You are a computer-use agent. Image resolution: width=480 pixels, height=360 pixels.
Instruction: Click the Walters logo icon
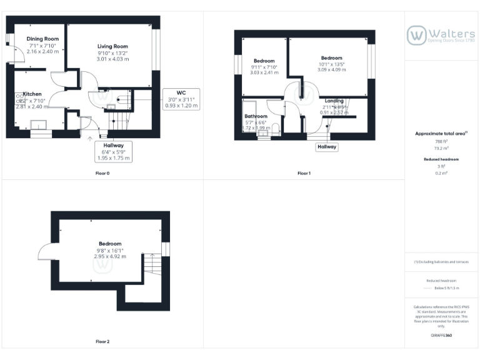coord(416,36)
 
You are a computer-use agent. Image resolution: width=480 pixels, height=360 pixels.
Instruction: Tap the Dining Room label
coord(42,39)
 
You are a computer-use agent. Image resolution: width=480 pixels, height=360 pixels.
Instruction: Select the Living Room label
coord(112,46)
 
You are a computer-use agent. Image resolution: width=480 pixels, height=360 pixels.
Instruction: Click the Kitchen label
coord(32,94)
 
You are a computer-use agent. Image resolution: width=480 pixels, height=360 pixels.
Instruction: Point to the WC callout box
coord(181,99)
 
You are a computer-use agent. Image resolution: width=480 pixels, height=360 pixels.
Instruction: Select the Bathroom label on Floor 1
coord(256,116)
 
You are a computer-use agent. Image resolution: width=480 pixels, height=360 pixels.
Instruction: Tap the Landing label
coord(334,101)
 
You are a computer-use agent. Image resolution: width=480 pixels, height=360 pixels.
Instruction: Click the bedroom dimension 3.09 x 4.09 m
coord(331,69)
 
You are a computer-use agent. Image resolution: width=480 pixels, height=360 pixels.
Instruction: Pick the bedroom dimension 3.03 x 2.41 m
coord(264,72)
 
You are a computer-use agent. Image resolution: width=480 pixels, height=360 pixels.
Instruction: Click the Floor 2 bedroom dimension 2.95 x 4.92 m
coord(110,256)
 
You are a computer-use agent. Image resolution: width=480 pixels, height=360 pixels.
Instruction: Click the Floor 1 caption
coord(304,172)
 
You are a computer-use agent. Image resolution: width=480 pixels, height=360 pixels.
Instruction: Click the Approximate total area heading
coord(440,134)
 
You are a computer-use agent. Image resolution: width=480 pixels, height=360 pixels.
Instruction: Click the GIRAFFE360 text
coord(442,336)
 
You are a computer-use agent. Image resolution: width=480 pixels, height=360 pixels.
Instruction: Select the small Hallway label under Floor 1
coord(326,147)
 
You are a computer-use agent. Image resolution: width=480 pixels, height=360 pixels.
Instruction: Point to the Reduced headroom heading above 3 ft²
coord(442,159)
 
